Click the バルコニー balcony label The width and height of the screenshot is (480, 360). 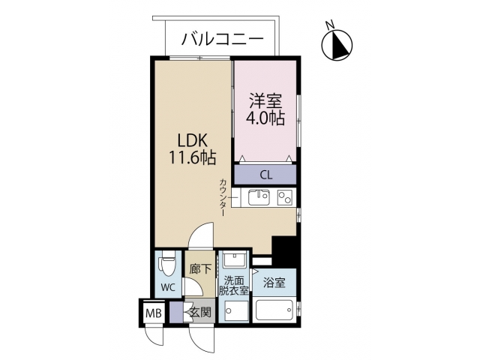pos(220,37)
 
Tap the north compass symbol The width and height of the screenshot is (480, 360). pos(337,45)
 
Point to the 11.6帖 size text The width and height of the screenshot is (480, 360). pos(193,158)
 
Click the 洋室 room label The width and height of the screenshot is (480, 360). pos(265,100)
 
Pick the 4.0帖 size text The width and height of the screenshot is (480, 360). pos(265,118)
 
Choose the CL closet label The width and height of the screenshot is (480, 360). pos(265,175)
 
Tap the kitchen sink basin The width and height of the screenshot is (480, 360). pos(259,198)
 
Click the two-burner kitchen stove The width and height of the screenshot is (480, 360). pos(285,198)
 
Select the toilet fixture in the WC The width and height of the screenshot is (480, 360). pos(166,263)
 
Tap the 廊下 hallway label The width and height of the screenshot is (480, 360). pos(199,268)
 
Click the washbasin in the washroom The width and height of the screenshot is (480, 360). pos(233,261)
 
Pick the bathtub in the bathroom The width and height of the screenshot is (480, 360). pos(275,310)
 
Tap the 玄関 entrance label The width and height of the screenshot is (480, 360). pos(199,312)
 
